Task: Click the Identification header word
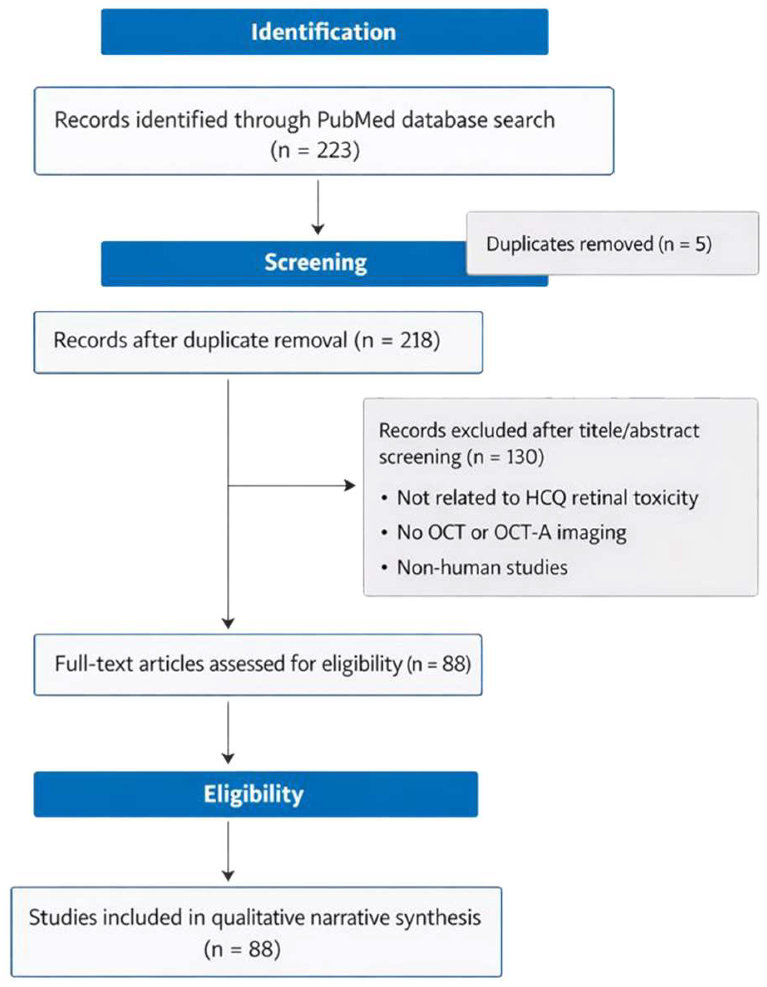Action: tap(324, 32)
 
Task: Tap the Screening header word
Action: tap(315, 262)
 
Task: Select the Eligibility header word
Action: tap(253, 794)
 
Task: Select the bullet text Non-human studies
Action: tap(482, 568)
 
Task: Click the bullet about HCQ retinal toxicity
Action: tap(547, 498)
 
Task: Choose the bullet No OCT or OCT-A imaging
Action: tap(511, 533)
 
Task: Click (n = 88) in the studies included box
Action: tap(242, 949)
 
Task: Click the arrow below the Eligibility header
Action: tap(228, 852)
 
